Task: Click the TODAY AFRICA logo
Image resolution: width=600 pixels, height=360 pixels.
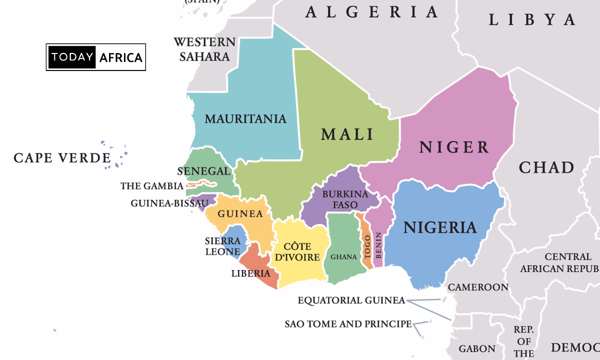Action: click(96, 57)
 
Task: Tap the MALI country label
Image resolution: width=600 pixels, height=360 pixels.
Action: click(347, 134)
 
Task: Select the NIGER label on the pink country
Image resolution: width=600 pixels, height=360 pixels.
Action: click(454, 147)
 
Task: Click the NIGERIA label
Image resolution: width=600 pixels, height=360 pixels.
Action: click(440, 227)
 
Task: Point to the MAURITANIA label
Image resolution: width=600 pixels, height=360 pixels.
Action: click(245, 119)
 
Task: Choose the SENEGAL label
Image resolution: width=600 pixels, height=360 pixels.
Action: click(204, 171)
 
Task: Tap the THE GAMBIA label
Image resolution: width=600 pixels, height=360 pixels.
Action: click(152, 186)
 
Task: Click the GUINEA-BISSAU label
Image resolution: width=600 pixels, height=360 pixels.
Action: click(169, 203)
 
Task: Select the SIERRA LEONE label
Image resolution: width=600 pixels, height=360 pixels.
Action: click(222, 246)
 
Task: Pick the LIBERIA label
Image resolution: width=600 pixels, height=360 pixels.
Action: click(250, 273)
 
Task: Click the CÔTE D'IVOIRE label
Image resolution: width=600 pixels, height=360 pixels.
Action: click(297, 252)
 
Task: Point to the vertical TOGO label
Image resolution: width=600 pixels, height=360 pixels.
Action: click(367, 246)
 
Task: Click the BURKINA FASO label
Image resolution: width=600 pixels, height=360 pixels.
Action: click(345, 199)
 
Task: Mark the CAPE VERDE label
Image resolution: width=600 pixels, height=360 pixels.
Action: click(62, 158)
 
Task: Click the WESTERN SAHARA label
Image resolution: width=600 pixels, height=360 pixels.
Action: click(204, 49)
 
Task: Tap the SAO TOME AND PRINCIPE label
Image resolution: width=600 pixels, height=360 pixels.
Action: click(348, 324)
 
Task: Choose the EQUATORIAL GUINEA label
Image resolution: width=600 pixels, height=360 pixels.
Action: click(351, 300)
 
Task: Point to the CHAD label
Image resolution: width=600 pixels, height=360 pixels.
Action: click(546, 167)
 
